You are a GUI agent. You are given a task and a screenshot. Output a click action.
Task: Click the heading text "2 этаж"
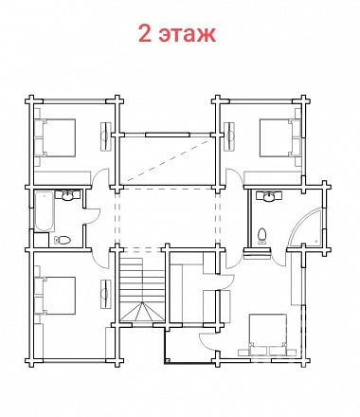click(x=177, y=33)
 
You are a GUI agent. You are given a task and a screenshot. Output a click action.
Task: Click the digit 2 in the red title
click(x=145, y=33)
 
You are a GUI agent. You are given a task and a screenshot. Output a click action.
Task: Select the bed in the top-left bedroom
click(x=55, y=137)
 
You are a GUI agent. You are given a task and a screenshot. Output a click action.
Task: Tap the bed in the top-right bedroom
click(x=279, y=137)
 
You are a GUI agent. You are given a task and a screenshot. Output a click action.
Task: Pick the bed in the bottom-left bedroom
click(x=55, y=296)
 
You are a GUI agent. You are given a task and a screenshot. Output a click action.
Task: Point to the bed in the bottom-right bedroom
click(x=268, y=335)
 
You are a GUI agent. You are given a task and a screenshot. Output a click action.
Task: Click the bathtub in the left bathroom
click(x=45, y=210)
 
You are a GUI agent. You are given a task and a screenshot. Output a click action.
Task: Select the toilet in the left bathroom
click(x=63, y=241)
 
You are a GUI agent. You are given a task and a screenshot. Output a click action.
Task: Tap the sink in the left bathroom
click(x=67, y=195)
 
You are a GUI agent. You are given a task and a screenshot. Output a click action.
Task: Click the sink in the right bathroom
click(x=269, y=196)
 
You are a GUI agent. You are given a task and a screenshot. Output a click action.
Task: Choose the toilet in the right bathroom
click(x=261, y=236)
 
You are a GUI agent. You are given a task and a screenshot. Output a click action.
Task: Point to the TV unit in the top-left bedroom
click(x=106, y=136)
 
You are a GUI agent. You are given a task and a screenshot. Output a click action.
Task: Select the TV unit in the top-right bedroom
click(x=229, y=136)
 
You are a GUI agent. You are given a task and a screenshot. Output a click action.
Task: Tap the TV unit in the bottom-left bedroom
click(x=106, y=294)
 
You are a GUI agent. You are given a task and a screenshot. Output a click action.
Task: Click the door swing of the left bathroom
click(x=92, y=216)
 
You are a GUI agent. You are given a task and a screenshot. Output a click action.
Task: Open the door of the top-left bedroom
click(x=100, y=177)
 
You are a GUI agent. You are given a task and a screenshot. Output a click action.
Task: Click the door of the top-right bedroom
click(x=234, y=177)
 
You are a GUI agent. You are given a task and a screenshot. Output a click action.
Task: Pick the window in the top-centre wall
click(x=168, y=135)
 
